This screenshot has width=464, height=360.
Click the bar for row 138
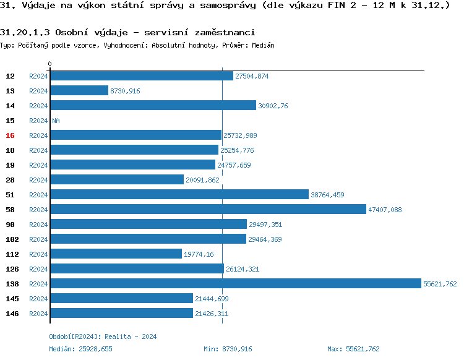pos(235,284)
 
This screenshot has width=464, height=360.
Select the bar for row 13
pos(79,91)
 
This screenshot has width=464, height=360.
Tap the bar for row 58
pos(208,210)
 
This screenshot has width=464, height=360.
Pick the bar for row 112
pos(116,254)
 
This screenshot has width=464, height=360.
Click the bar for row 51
pos(179,195)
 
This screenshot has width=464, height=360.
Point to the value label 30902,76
pos(273,106)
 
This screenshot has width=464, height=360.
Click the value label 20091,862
pos(203,180)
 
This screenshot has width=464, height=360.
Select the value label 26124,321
pos(243,269)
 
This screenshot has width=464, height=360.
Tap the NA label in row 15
pos(56,121)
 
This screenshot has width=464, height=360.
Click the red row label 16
pos(10,135)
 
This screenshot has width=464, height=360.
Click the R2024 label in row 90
pos(38,225)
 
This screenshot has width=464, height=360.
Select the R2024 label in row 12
pos(38,76)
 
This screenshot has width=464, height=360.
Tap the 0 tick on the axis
pos(49,64)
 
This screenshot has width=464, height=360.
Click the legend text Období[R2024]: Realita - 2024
pos(103,336)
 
